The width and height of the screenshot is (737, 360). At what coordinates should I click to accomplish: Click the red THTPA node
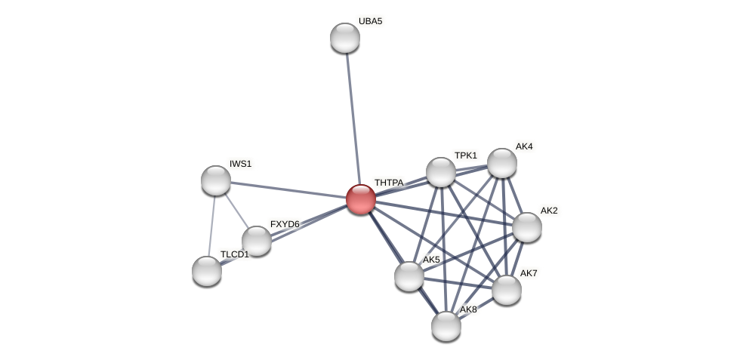(361, 199)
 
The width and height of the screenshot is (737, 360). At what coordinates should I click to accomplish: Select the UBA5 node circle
(345, 38)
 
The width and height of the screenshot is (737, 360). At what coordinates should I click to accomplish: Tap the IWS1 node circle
(216, 180)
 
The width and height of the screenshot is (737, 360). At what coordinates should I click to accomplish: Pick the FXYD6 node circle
(257, 241)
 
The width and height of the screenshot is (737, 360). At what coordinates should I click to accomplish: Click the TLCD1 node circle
(207, 271)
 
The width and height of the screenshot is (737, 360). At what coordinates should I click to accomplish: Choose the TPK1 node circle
(441, 172)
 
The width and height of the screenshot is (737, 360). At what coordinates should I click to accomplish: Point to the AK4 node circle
(502, 163)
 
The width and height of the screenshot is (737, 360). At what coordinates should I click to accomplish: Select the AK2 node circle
(527, 227)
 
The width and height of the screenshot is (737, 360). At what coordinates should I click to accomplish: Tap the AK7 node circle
(507, 290)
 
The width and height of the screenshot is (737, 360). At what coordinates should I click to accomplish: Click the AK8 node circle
(446, 326)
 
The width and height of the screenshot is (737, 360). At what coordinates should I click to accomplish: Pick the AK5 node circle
(409, 276)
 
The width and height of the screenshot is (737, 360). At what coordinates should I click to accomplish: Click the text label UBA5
(370, 21)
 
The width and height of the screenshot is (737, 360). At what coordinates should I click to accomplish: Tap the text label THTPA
(389, 183)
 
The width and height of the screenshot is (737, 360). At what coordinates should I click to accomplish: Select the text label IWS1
(241, 164)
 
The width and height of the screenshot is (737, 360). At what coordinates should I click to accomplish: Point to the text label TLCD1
(234, 254)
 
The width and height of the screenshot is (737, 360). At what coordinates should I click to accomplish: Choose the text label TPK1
(466, 155)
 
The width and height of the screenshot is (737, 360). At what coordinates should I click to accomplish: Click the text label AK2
(549, 211)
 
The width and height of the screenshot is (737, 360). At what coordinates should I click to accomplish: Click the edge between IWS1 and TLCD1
(211, 226)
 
